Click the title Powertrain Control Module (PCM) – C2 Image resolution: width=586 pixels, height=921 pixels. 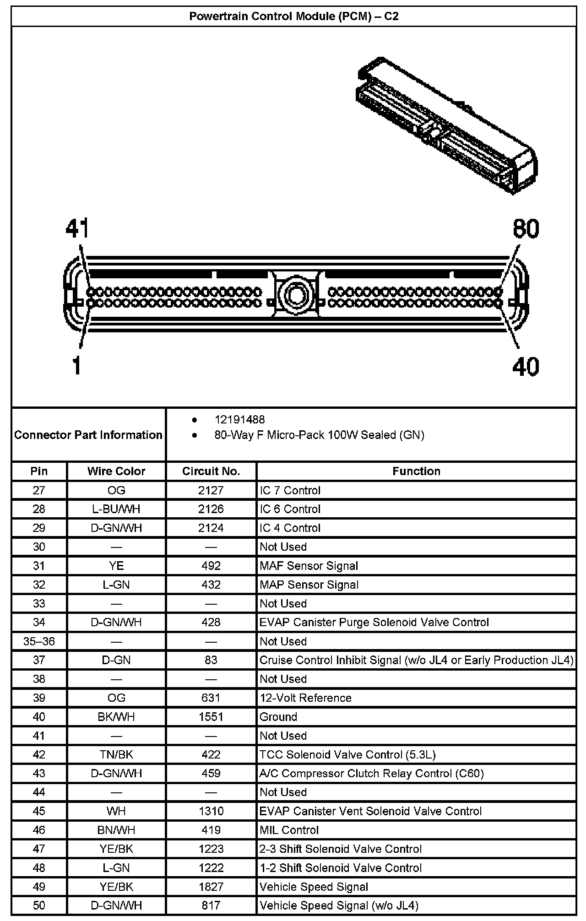294,16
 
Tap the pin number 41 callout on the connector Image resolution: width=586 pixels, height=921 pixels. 77,228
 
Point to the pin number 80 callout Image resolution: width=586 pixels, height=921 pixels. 526,228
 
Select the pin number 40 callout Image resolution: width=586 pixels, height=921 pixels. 526,366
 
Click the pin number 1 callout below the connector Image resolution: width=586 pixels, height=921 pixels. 77,366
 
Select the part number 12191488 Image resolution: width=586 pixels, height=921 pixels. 240,420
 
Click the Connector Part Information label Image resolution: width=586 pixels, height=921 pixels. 88,435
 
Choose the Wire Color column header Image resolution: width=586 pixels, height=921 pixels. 116,471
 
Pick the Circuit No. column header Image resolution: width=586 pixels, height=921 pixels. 211,471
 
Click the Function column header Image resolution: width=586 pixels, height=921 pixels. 416,471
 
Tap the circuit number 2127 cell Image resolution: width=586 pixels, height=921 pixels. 211,490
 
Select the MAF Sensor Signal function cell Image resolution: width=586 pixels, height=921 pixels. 309,566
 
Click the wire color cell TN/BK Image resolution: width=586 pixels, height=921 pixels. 116,754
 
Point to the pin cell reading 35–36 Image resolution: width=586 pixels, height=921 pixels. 39,641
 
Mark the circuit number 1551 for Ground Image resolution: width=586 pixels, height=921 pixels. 211,717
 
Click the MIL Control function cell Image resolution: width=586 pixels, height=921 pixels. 289,830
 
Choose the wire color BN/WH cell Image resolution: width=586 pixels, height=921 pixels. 116,830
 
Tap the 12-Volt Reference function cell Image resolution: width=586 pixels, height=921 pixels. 306,698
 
